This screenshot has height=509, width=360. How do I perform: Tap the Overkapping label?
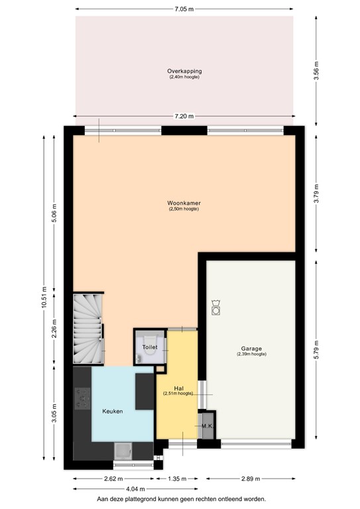point(184,71)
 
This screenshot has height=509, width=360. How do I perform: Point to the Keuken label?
point(113,412)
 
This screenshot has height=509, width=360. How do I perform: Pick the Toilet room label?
point(149,347)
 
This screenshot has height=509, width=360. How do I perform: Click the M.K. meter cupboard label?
point(206,426)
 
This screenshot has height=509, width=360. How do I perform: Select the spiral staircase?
point(88,329)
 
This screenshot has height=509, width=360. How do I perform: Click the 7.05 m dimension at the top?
point(184,9)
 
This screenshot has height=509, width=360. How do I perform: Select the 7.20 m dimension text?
point(184,117)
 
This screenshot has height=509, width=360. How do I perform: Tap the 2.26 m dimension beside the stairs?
point(54,329)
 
